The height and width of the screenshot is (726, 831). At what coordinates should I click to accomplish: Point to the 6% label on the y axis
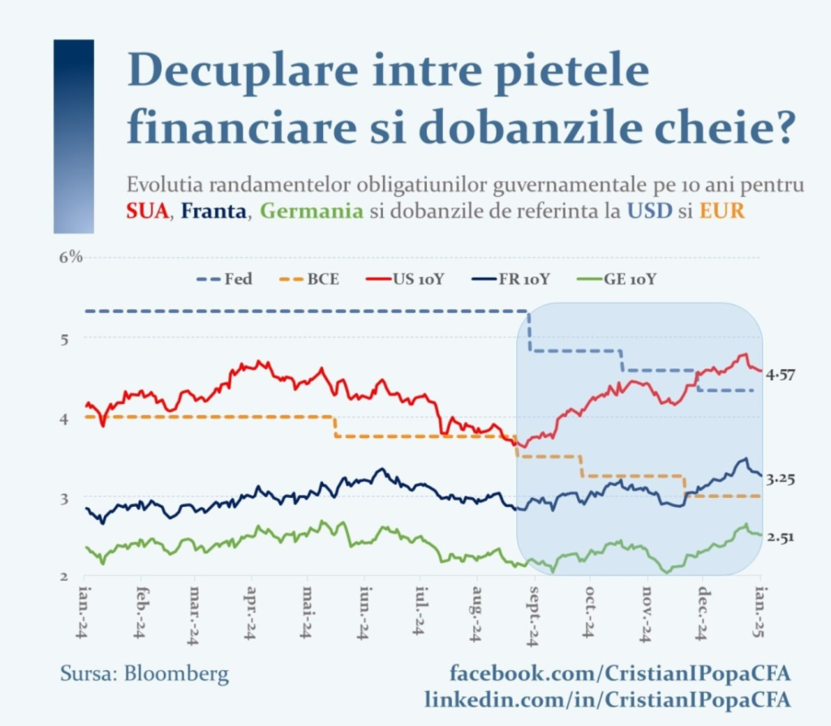point(71,257)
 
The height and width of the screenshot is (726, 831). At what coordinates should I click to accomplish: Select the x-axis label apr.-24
point(251,614)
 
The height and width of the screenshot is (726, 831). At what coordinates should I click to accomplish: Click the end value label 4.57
point(781,374)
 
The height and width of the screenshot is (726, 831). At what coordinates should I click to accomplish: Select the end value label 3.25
point(781,479)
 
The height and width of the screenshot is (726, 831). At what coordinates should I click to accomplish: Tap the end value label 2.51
point(781,536)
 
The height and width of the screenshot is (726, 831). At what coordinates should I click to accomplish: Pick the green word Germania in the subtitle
point(312,212)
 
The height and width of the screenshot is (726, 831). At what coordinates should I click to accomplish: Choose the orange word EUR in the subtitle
point(721,212)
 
